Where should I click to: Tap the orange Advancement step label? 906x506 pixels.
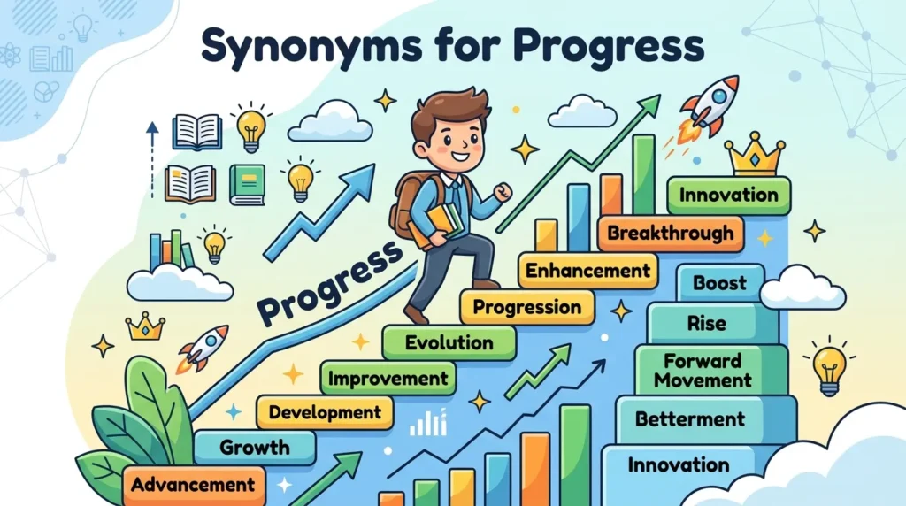coord(191,484)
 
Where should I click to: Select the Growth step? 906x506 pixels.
coord(255,448)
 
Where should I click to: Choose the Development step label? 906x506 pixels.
coord(325,411)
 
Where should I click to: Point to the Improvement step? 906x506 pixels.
coord(388,379)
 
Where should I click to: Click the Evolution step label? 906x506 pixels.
coord(449,342)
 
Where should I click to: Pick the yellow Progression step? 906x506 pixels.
coord(526,307)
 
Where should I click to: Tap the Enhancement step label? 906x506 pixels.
coord(587,270)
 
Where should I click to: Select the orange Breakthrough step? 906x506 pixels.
coord(671,234)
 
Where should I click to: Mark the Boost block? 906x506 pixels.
coord(719,284)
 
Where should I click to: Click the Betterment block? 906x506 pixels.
coord(690,418)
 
